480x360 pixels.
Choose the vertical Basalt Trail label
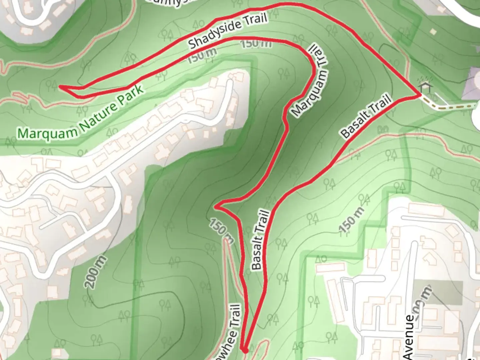tap(260, 239)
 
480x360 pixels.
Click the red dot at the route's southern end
tap(245, 350)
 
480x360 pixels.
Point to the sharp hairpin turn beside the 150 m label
tap(217, 207)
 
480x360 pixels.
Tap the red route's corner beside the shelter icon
tap(418, 95)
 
